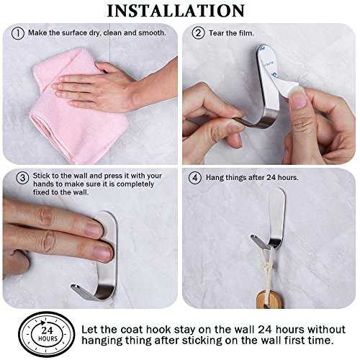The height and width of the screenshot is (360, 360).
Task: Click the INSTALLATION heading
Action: click(x=176, y=11)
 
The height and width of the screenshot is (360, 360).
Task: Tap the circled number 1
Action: click(x=18, y=33)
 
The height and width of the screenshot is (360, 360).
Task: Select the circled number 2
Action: click(x=198, y=33)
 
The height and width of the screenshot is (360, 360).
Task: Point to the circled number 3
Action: click(x=22, y=178)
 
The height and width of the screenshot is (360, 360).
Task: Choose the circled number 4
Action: click(x=195, y=178)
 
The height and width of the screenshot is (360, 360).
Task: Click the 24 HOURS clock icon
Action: click(x=47, y=334)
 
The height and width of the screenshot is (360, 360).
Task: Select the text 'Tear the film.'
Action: click(x=231, y=33)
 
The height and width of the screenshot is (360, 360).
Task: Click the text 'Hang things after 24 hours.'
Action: click(x=252, y=178)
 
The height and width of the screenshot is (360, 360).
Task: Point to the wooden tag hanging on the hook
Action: click(x=269, y=299)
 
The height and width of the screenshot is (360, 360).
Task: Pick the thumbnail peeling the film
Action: click(x=297, y=98)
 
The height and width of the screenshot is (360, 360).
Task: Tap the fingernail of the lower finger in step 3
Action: click(x=102, y=252)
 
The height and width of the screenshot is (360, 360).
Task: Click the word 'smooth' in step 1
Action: click(x=152, y=32)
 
